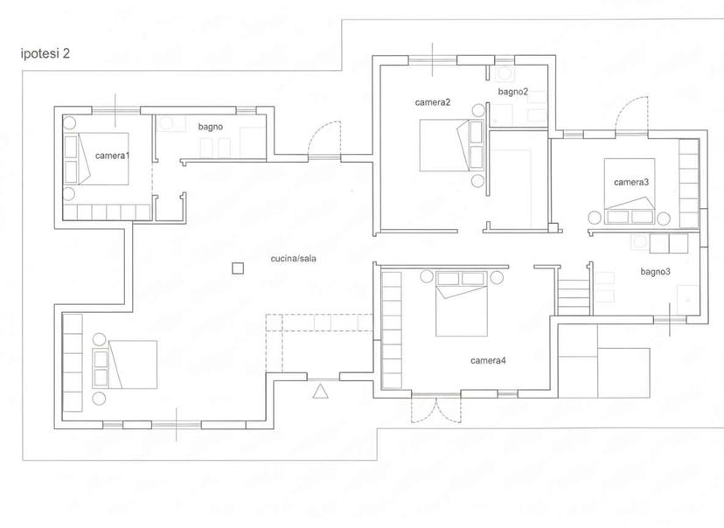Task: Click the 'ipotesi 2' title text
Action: [45, 53]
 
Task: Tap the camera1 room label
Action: [112, 156]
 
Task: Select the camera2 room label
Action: [433, 102]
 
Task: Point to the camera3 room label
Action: [631, 183]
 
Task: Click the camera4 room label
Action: [488, 360]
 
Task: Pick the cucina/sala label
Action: [293, 259]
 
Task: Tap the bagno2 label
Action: [513, 92]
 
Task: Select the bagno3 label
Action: [655, 272]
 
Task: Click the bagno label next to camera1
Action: [211, 127]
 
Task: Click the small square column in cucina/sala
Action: [238, 268]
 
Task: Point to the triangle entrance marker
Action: [320, 392]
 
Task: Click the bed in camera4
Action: [462, 303]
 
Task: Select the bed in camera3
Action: [630, 191]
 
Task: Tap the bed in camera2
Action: [451, 145]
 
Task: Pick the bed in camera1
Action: [96, 159]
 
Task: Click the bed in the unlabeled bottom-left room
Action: [125, 365]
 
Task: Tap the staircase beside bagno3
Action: [574, 296]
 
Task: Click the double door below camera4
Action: [435, 409]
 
